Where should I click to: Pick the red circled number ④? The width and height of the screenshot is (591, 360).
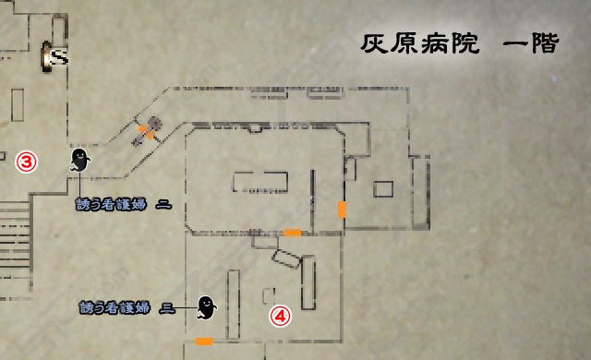tap(280, 316)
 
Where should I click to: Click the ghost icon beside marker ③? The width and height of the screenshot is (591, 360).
tap(79, 162)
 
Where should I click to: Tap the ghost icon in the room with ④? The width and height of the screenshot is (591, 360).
tap(207, 306)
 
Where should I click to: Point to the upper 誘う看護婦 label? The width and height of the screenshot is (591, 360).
tap(123, 204)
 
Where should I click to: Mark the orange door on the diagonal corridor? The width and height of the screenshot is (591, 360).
tap(145, 134)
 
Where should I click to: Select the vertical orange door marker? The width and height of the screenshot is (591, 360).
tap(342, 209)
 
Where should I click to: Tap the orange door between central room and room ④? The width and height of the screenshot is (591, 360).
tap(292, 233)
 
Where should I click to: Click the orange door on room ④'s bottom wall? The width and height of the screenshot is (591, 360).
tap(204, 342)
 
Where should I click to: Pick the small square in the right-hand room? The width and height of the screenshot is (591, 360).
tap(383, 189)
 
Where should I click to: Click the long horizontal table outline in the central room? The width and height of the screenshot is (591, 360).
tap(259, 182)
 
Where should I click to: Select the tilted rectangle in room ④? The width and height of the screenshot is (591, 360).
tap(286, 259)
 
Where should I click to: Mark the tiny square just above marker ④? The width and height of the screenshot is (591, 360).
tap(269, 295)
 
